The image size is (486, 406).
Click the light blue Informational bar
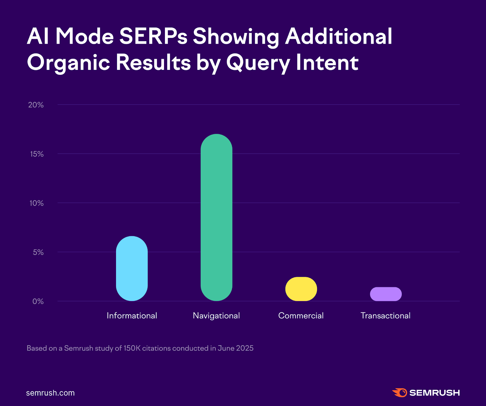click(132, 269)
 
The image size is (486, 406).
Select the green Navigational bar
click(216, 217)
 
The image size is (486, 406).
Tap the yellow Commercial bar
click(301, 289)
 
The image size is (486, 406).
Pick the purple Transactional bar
click(386, 294)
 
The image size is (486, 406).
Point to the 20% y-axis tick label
click(36, 105)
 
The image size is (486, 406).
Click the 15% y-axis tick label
click(37, 154)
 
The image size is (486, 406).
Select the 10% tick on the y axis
click(36, 203)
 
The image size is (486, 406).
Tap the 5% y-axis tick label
click(38, 252)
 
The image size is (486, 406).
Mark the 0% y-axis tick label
click(38, 301)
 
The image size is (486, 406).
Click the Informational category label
click(132, 316)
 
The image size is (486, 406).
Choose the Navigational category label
click(216, 316)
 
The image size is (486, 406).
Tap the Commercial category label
click(301, 316)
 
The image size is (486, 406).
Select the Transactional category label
click(385, 316)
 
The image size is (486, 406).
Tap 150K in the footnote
click(132, 348)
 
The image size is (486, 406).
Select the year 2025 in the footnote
click(245, 348)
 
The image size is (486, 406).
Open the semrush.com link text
click(50, 393)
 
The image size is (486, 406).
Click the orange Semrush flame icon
click(400, 393)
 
